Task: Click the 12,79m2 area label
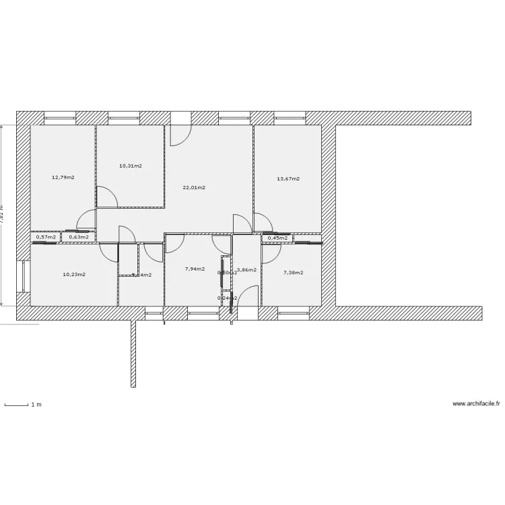[63, 178]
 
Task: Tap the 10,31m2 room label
[131, 166]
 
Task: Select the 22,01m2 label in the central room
[194, 188]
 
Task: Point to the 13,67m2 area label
[288, 179]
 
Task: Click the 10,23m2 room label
[74, 274]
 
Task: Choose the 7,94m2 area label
[195, 269]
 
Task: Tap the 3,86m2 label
[246, 269]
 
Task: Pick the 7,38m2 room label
[293, 273]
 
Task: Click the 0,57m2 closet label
[46, 237]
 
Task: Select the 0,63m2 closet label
[79, 237]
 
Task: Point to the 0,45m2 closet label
[277, 238]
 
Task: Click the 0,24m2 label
[227, 298]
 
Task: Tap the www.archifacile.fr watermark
[477, 404]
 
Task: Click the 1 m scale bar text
[36, 405]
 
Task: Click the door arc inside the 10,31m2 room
[107, 197]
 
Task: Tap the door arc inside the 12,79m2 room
[86, 220]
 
